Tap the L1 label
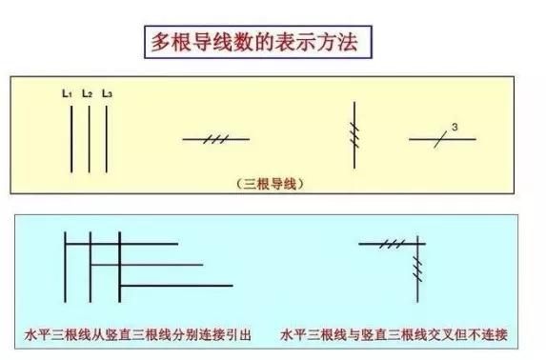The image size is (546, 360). coord(67,93)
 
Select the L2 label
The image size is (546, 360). coord(87,93)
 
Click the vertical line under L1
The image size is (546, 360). coord(71,138)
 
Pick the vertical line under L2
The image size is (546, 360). coord(89,138)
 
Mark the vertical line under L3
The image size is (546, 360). coord(106,138)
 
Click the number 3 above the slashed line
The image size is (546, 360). coord(455,128)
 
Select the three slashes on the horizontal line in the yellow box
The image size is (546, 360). coord(216,139)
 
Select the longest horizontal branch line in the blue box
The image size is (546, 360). coord(176,285)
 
